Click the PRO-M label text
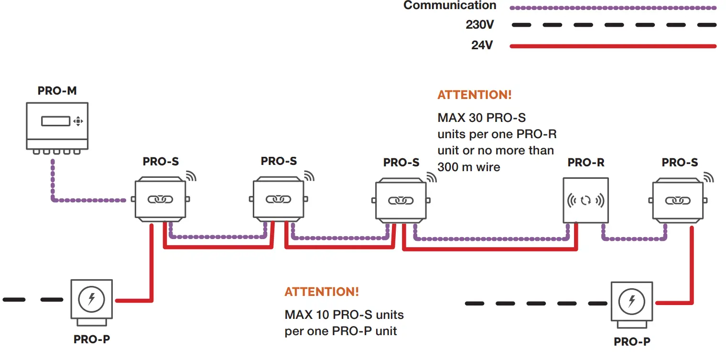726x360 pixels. click(57, 91)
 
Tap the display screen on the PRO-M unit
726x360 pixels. click(55, 121)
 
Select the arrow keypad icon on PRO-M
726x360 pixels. click(78, 121)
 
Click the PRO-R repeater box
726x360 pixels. click(585, 200)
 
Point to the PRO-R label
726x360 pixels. click(585, 163)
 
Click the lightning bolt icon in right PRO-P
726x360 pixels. click(631, 301)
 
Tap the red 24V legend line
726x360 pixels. click(613, 46)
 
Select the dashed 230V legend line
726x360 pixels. click(613, 25)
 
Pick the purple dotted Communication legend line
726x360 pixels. click(613, 8)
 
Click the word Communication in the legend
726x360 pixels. click(450, 6)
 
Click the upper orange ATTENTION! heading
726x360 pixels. click(474, 95)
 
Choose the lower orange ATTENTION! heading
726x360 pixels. click(321, 292)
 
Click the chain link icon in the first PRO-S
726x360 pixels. click(160, 200)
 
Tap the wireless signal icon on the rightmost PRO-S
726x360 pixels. click(708, 177)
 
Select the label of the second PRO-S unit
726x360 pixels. click(279, 161)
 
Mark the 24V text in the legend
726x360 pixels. click(482, 45)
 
